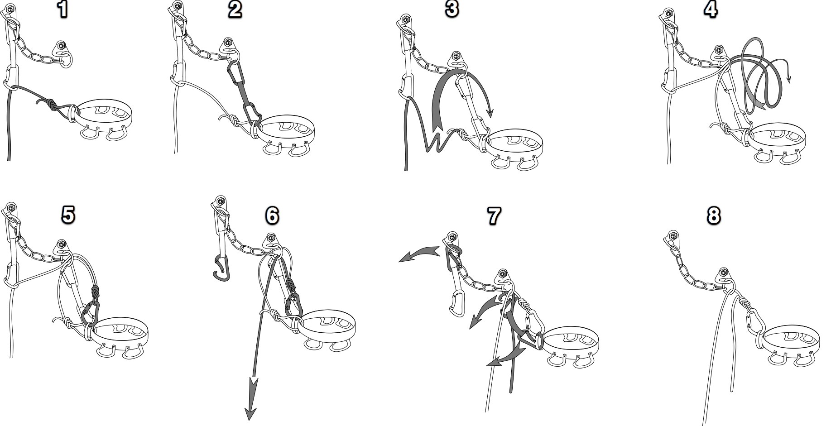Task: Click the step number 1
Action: pos(63,10)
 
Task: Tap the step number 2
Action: pos(235,10)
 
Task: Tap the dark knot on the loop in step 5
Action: pos(96,292)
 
